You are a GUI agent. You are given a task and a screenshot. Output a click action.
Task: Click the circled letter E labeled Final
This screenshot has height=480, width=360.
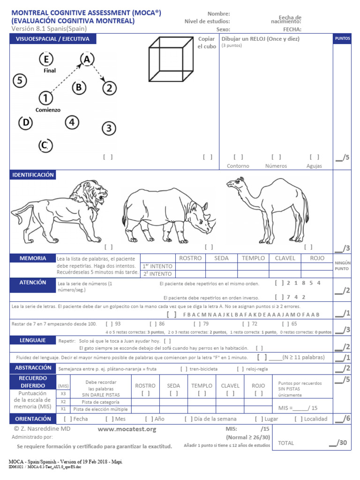[46, 60]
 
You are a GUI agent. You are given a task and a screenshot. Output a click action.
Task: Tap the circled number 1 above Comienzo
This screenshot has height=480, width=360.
[45, 98]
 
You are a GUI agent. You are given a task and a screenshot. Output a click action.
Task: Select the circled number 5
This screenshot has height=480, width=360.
[19, 81]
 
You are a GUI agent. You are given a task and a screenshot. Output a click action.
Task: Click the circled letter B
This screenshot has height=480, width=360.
[79, 88]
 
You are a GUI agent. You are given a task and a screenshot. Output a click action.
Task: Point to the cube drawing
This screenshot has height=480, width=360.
[171, 61]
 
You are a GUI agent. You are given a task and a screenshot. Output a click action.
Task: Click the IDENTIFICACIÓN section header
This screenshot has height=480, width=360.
[33, 175]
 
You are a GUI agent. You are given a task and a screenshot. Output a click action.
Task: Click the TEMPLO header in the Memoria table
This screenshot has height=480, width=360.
[253, 258]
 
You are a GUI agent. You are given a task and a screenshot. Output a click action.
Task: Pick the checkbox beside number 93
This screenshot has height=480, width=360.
[109, 323]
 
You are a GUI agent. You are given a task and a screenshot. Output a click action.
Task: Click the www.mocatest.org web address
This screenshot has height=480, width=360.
[127, 429]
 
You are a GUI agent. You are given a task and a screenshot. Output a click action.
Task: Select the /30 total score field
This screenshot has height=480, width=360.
[341, 442]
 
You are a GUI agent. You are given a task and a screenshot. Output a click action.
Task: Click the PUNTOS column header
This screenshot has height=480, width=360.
[342, 39]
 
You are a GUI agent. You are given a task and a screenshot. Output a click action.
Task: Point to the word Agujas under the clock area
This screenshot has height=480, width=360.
[314, 166]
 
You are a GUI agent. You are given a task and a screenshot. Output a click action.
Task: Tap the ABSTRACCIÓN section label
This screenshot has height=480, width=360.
[33, 368]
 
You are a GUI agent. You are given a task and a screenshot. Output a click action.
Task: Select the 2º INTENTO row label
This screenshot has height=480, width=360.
[157, 274]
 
